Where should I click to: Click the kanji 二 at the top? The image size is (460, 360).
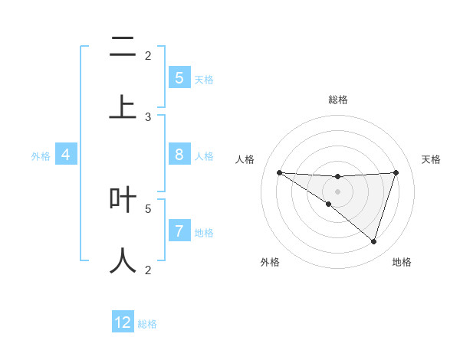click(x=123, y=48)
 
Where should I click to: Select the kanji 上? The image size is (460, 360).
click(x=123, y=106)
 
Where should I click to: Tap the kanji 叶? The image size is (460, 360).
click(x=123, y=200)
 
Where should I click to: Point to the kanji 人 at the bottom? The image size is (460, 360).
click(x=123, y=260)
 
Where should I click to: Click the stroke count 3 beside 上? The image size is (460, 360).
click(x=148, y=117)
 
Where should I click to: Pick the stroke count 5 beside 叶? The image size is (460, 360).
click(x=148, y=208)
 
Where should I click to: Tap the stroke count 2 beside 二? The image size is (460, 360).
click(x=148, y=55)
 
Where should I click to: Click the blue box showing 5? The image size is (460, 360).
click(x=179, y=78)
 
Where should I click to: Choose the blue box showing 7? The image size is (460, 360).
click(x=179, y=231)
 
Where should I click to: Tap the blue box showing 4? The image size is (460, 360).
click(x=66, y=155)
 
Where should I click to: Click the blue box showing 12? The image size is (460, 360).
click(x=123, y=322)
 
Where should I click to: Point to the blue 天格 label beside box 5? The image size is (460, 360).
click(x=204, y=79)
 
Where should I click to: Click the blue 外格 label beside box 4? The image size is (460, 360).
click(x=41, y=156)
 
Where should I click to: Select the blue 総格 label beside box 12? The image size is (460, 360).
click(x=147, y=324)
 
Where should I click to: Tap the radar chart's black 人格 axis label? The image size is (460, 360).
click(x=245, y=159)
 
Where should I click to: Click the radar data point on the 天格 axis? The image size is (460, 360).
click(x=396, y=172)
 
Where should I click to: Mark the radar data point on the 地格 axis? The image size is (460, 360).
click(x=374, y=241)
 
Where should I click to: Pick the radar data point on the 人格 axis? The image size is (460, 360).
click(x=279, y=172)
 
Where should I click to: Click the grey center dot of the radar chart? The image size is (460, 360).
click(x=337, y=191)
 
